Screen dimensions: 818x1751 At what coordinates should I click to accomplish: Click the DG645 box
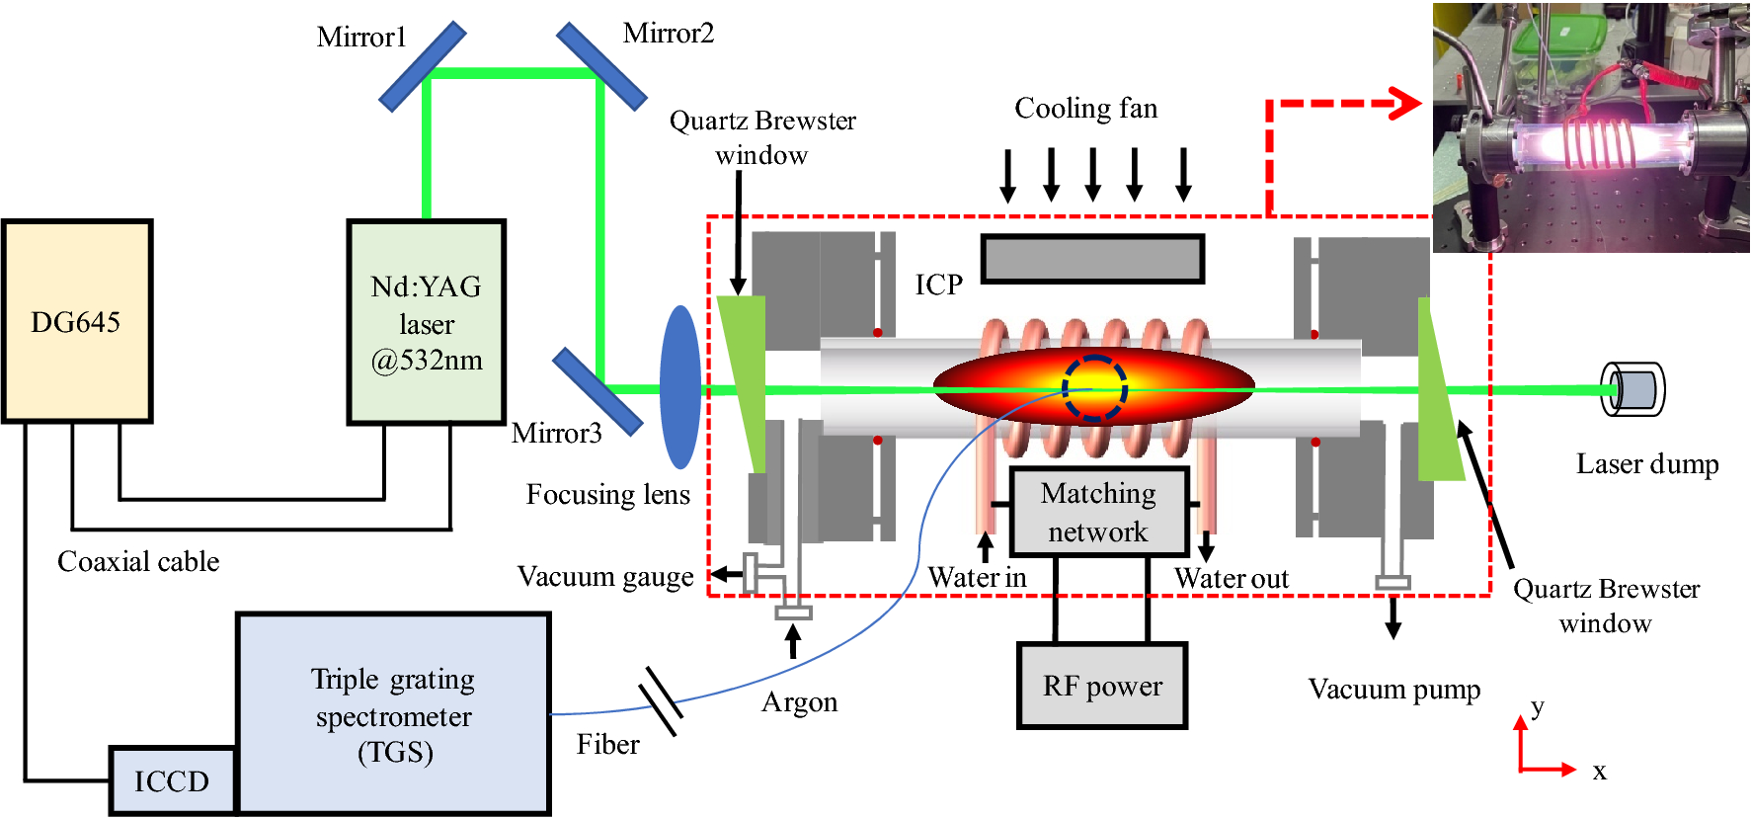(x=77, y=321)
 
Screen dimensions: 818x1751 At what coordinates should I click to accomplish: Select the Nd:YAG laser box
(x=427, y=322)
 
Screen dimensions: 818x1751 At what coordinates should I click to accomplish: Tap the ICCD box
(x=172, y=780)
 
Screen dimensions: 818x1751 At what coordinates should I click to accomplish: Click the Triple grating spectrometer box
(x=393, y=714)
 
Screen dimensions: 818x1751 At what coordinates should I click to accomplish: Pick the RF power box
(x=1102, y=686)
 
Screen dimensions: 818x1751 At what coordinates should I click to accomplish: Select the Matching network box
(x=1098, y=512)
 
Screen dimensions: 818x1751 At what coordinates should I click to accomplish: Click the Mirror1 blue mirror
(x=423, y=66)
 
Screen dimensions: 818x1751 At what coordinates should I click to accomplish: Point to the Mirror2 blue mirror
(x=601, y=66)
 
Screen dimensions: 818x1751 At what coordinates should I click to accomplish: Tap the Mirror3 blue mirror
(x=597, y=391)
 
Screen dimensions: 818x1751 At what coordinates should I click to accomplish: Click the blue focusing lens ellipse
(x=680, y=386)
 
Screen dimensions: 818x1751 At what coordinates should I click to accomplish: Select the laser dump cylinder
(x=1632, y=388)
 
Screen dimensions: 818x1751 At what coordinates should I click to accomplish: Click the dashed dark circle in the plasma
(x=1094, y=387)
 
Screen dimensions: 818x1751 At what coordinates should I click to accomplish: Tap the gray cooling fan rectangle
(x=1092, y=259)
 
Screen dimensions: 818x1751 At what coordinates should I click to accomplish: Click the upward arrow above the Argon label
(x=792, y=642)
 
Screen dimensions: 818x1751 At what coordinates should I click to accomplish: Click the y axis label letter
(x=1538, y=707)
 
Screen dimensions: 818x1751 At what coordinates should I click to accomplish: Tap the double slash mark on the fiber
(x=660, y=700)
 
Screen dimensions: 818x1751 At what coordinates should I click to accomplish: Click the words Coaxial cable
(x=138, y=561)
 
